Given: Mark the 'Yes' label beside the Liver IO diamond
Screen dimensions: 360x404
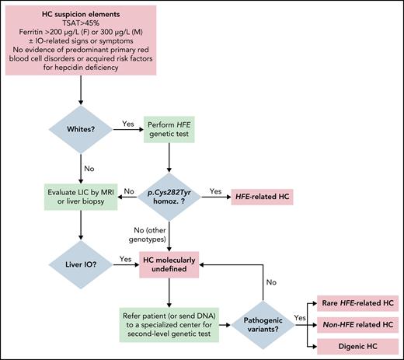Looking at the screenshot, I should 124,257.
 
